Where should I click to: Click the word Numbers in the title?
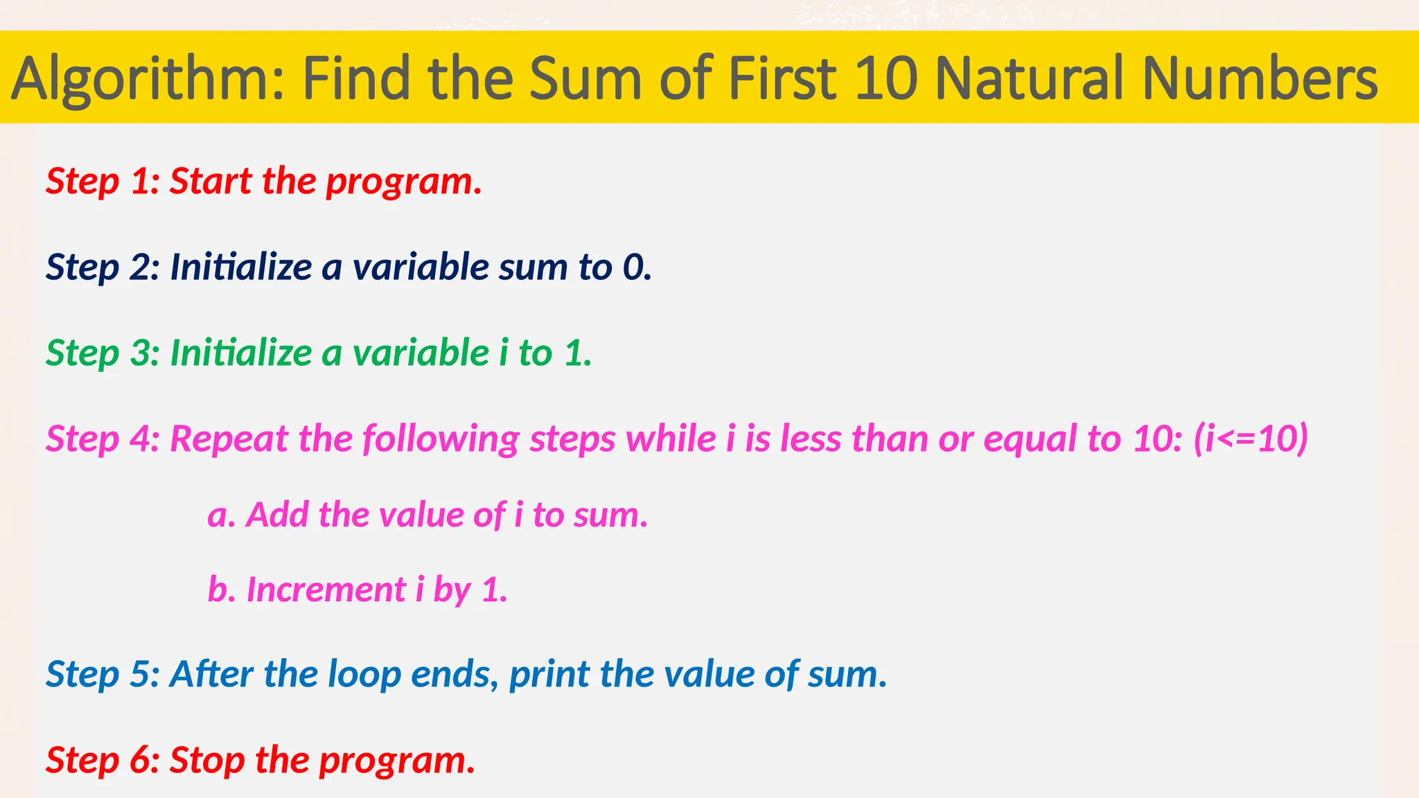click(1260, 78)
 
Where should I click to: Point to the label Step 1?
click(103, 181)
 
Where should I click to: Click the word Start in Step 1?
click(211, 181)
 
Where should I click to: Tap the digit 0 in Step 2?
click(633, 267)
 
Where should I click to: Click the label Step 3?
click(103, 353)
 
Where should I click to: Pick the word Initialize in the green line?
click(241, 353)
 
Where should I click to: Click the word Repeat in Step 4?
click(229, 439)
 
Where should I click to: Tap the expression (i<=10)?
click(1251, 439)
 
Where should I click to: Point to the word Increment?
click(326, 590)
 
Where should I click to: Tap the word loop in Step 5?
click(364, 675)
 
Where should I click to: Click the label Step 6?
click(103, 761)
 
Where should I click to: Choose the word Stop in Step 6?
click(206, 761)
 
